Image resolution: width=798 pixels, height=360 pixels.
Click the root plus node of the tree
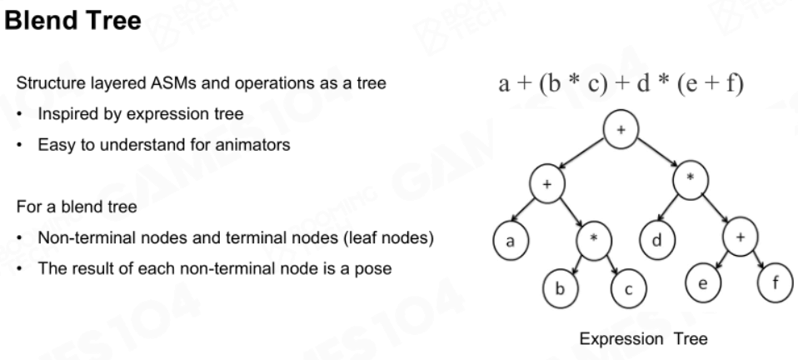(621, 129)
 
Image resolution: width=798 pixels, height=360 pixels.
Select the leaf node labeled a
(511, 241)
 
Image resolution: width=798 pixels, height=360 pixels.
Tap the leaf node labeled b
(561, 288)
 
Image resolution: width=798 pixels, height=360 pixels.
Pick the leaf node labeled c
(629, 288)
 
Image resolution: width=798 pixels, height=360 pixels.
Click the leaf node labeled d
(657, 240)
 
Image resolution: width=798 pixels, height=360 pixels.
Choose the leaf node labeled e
(703, 283)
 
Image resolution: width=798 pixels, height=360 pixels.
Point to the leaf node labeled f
(776, 282)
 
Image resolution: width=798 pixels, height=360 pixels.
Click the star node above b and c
(594, 240)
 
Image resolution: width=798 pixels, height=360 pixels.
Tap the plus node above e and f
(741, 237)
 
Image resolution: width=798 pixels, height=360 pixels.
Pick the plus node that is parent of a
(547, 184)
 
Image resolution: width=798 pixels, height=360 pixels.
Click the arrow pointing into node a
(522, 210)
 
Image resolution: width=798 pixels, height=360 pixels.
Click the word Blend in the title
(41, 21)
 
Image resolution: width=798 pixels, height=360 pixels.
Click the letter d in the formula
(643, 83)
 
